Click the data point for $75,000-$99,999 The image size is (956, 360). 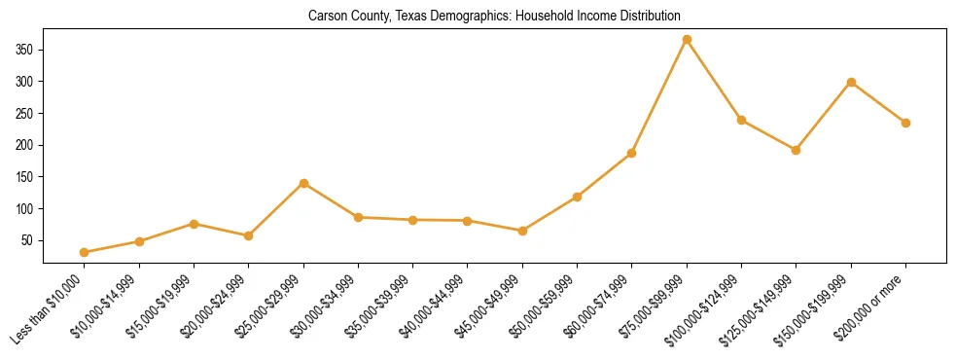coord(687,39)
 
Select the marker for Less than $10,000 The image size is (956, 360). coord(85,252)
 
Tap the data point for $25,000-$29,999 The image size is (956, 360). coord(303,183)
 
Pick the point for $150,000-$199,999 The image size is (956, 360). coord(851,82)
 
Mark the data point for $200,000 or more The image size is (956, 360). coord(905,123)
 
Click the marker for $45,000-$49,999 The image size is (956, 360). coord(522,231)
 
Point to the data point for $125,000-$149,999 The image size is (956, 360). coord(796,150)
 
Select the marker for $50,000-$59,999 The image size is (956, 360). coord(578,197)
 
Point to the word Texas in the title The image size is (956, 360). coord(382,17)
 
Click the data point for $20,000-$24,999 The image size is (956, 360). coord(249,235)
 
